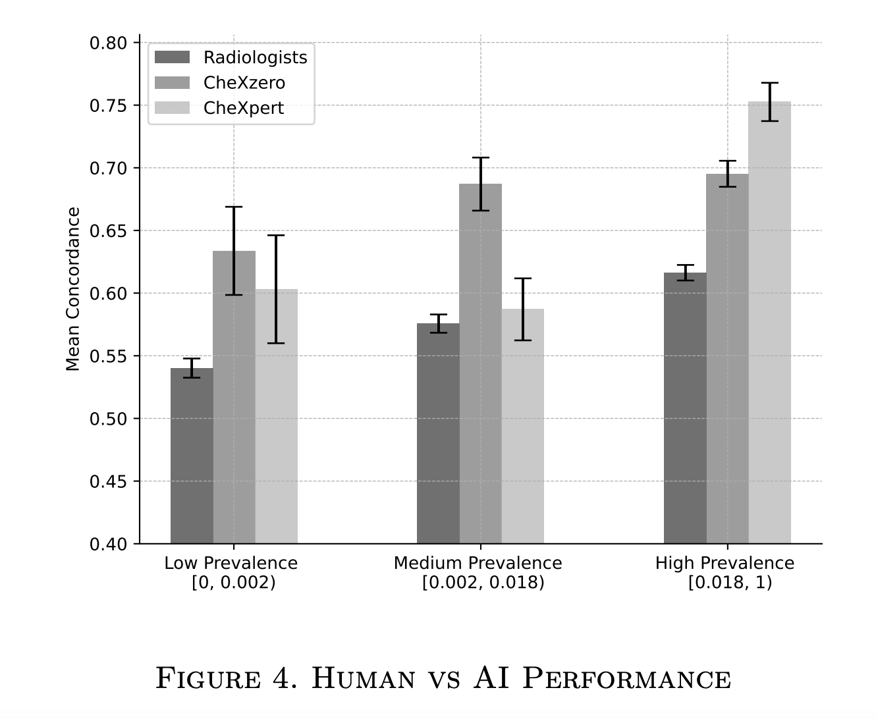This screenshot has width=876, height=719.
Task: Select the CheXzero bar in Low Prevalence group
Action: pos(234,421)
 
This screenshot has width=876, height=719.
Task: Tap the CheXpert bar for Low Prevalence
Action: pos(276,435)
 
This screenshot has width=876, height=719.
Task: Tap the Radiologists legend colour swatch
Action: pos(172,58)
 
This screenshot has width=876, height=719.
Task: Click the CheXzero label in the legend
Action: pos(244,83)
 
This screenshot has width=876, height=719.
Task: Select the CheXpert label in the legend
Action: pos(244,108)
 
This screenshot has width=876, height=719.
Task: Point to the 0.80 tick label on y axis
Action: pos(108,43)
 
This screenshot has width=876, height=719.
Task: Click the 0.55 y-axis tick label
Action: pos(108,356)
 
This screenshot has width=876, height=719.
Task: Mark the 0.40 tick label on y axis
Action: pos(108,544)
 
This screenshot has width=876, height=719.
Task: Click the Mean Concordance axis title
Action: pos(73,290)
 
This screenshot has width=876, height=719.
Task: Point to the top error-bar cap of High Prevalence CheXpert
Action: pos(769,83)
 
